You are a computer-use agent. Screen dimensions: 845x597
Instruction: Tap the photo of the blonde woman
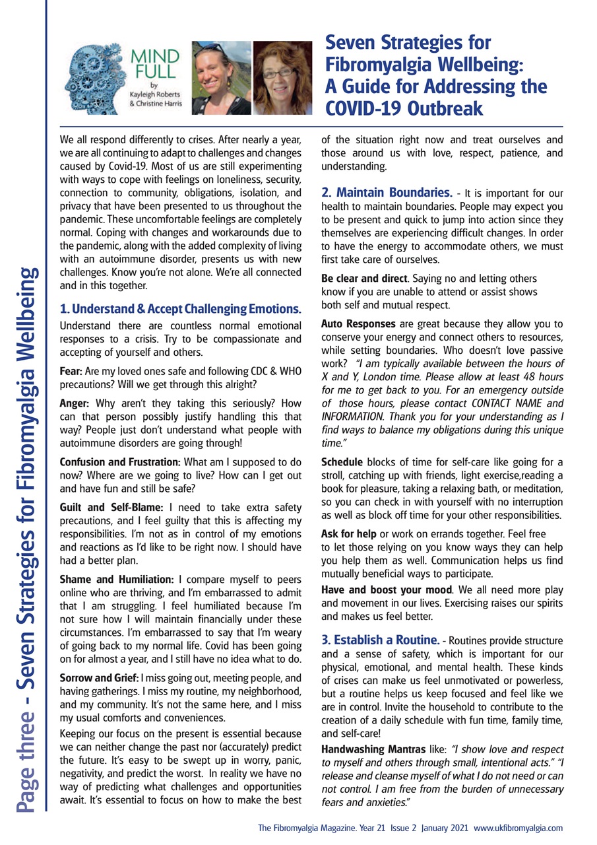[220, 78]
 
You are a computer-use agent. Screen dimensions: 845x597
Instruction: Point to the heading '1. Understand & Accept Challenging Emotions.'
[180, 308]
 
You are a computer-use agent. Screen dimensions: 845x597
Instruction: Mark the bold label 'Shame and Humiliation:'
[117, 578]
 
